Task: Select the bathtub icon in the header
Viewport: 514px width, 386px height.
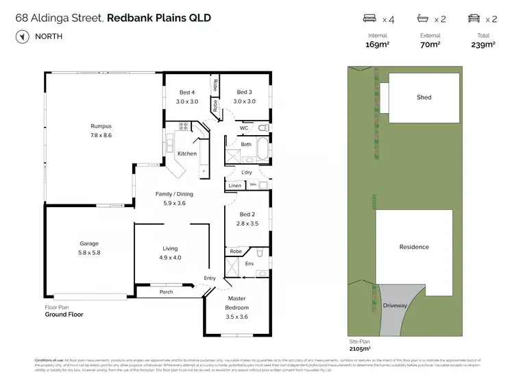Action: point(421,19)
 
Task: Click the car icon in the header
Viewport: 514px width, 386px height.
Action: point(474,19)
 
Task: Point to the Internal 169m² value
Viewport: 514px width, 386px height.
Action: point(378,45)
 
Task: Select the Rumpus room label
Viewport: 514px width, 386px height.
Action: point(101,130)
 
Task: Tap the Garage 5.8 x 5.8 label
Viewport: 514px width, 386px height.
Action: point(89,248)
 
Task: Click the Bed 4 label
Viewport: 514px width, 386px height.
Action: point(187,97)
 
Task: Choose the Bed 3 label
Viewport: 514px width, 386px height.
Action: point(244,97)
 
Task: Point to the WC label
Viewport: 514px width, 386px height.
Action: point(244,128)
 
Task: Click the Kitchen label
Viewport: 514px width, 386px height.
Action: point(187,154)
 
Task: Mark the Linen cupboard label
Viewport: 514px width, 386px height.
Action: point(234,186)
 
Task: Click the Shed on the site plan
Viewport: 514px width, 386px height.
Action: point(424,97)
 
